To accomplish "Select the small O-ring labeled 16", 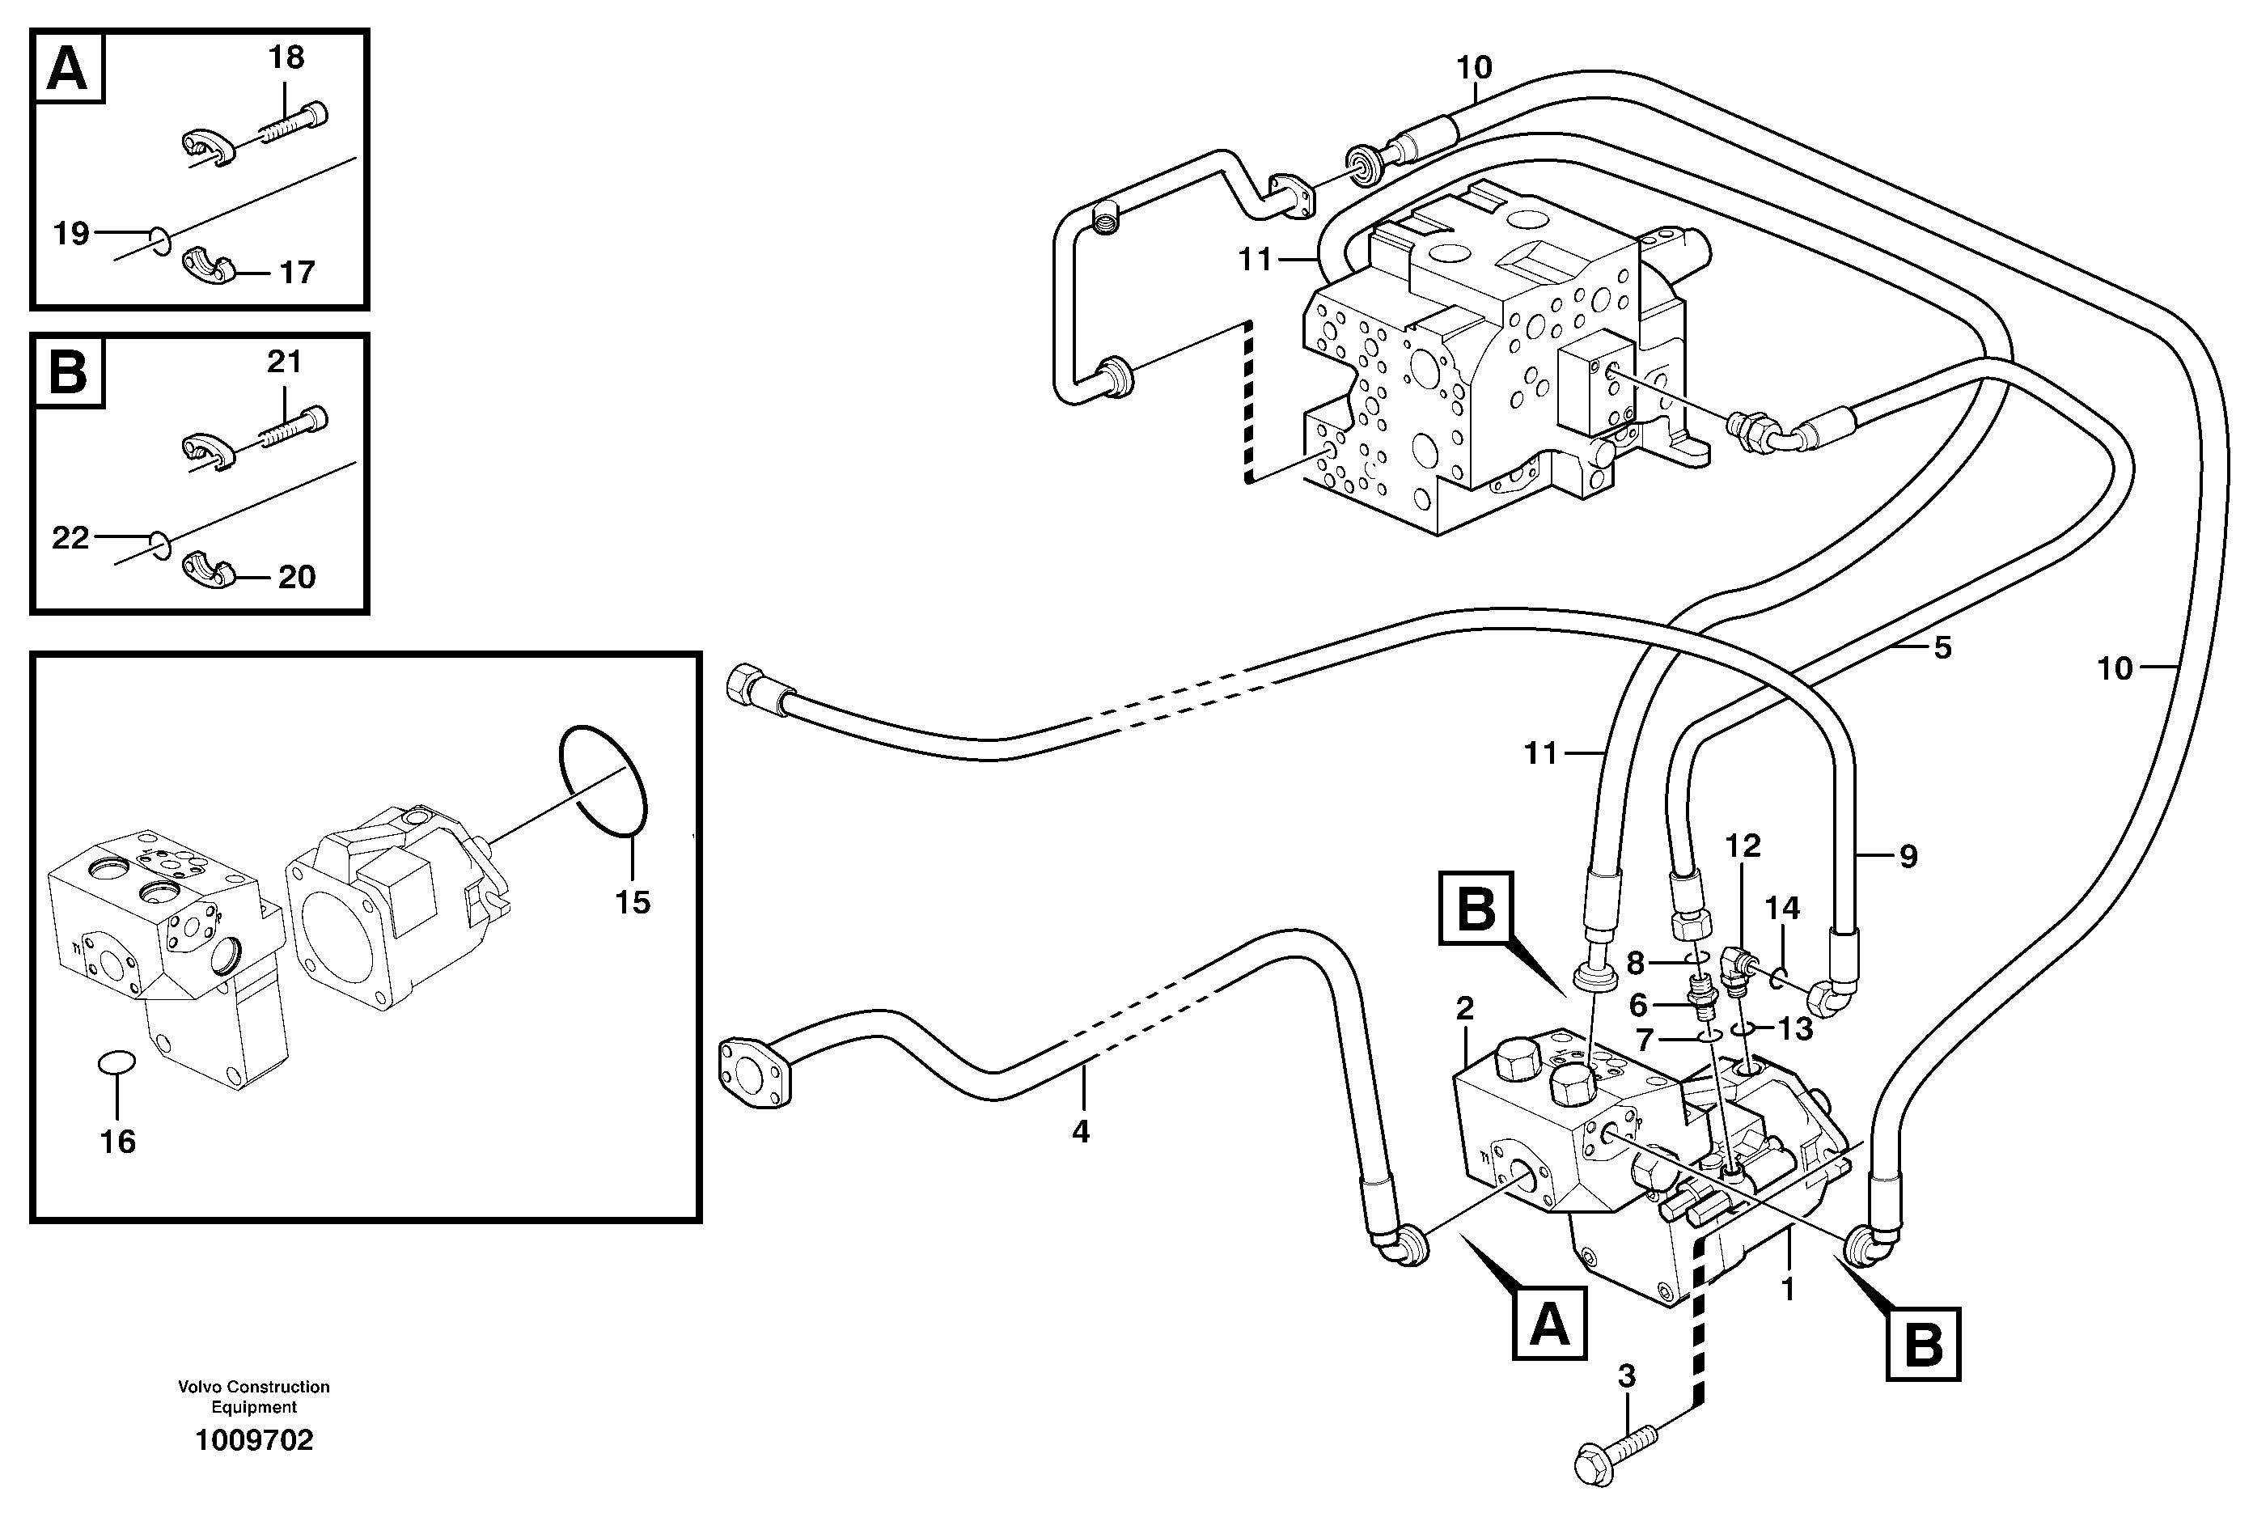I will (x=116, y=1062).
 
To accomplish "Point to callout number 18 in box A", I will (x=286, y=58).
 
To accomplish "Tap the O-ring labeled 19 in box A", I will (x=161, y=241).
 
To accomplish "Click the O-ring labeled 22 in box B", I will (x=161, y=545).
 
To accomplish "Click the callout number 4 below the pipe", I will (x=1081, y=1131).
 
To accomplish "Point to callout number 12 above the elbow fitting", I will (x=1743, y=846).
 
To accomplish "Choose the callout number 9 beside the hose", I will (x=1908, y=856).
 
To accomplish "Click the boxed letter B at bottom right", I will (x=1923, y=1344).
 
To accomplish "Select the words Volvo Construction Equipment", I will (x=254, y=1396).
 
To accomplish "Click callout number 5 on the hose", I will (x=1942, y=647).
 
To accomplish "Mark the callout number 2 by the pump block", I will (x=1465, y=1009).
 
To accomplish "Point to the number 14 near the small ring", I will (x=1782, y=908).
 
